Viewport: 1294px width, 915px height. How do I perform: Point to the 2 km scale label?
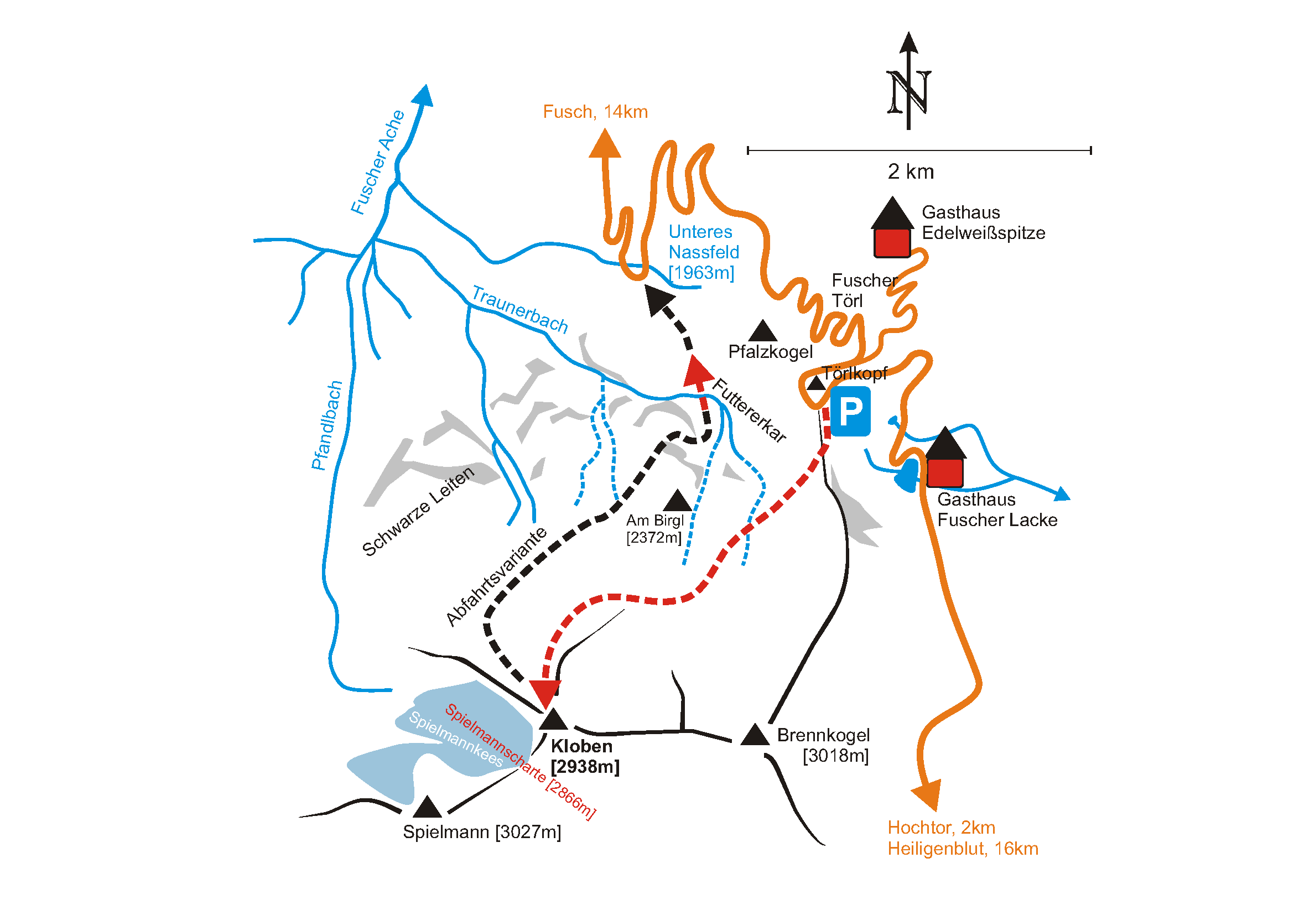910,171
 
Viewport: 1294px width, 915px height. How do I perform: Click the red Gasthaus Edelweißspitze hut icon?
892,243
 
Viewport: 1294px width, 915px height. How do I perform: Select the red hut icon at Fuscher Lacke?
944,472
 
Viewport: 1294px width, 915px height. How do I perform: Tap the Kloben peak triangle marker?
553,720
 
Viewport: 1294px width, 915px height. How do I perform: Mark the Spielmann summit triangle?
427,807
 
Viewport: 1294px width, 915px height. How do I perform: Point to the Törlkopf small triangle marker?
815,384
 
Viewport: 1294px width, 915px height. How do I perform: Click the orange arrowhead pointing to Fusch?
605,144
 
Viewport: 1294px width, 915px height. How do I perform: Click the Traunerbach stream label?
519,309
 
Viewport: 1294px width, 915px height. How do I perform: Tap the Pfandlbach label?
327,425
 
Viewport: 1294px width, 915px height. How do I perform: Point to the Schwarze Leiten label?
418,512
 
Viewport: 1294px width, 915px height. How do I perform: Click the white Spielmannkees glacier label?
455,739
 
